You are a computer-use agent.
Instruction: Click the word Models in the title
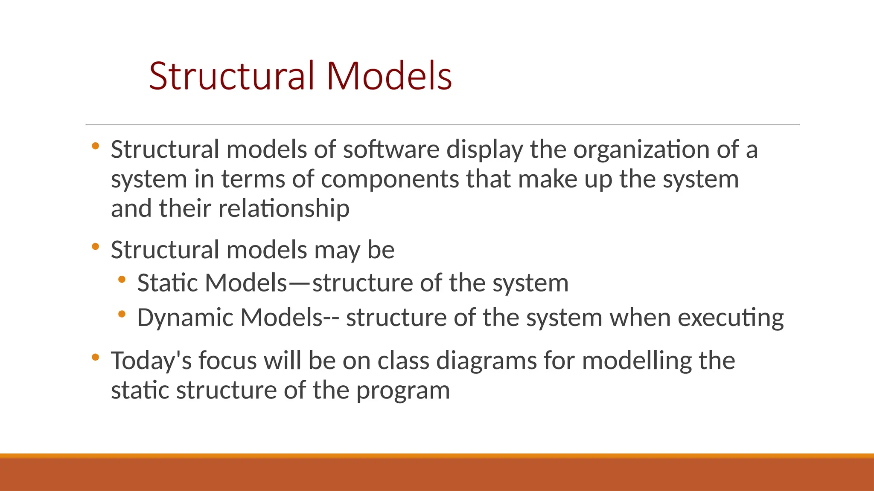(389, 76)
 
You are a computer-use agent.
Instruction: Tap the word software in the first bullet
(391, 150)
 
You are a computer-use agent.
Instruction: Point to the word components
(390, 179)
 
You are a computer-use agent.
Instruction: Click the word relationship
(283, 209)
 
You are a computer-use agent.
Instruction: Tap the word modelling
(636, 361)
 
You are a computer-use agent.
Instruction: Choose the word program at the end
(403, 390)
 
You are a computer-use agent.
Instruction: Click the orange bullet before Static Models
(122, 280)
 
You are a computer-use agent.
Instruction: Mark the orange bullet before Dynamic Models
(122, 314)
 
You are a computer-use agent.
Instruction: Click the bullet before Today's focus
(96, 357)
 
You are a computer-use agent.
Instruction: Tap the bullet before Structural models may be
(96, 246)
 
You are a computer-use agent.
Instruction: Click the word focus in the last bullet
(227, 361)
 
